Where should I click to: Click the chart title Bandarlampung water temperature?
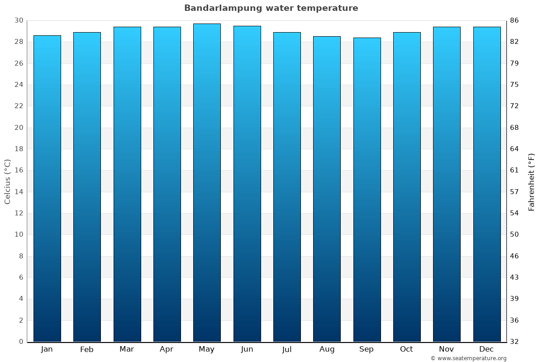click(x=271, y=8)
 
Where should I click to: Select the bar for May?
click(x=207, y=181)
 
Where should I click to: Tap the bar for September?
click(x=367, y=190)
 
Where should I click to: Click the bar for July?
click(x=287, y=186)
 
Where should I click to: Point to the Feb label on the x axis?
click(x=87, y=349)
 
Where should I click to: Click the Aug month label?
click(x=327, y=349)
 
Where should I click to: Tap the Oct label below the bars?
click(x=406, y=349)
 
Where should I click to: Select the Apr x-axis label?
click(x=167, y=349)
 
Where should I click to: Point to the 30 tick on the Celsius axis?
click(x=19, y=21)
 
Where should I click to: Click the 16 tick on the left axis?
click(x=19, y=171)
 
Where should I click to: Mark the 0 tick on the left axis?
click(x=21, y=342)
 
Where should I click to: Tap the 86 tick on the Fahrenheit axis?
click(x=514, y=21)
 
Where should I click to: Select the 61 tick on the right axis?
click(x=514, y=171)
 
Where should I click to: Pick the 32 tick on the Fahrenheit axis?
click(x=514, y=342)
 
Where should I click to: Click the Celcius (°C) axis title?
click(x=8, y=181)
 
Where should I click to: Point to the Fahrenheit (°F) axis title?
click(x=531, y=181)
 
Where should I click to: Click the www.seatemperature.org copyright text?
click(x=468, y=358)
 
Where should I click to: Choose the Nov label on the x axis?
click(x=447, y=349)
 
